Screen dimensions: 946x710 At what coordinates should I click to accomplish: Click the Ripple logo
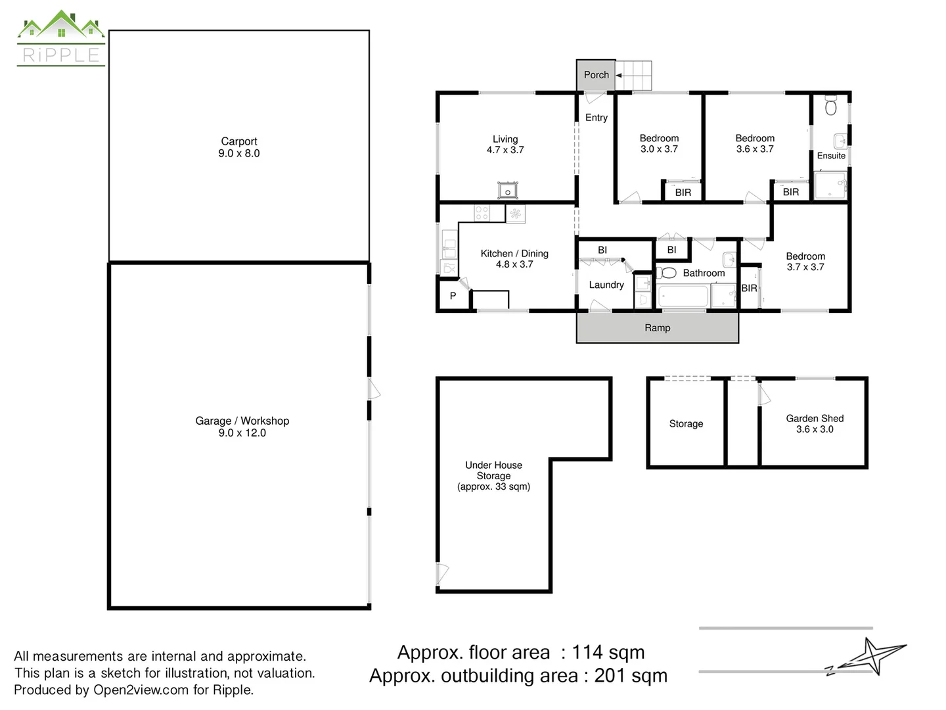pos(61,38)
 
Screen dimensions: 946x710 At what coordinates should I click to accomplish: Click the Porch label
pos(596,75)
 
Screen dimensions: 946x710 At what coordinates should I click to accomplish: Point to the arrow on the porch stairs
pos(618,76)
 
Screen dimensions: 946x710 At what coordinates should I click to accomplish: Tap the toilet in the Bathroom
pos(666,272)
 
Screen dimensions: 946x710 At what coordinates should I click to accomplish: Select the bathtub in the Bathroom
pos(683,296)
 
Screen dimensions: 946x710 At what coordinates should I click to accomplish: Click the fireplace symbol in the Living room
pos(507,190)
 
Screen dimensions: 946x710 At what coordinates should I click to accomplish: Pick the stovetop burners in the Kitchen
pos(482,213)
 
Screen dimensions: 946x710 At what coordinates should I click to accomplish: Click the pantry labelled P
pos(453,296)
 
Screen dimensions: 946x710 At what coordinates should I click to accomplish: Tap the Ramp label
pos(657,328)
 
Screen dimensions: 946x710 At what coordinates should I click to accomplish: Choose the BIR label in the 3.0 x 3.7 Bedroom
pos(683,193)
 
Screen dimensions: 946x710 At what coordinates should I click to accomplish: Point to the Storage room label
pos(686,424)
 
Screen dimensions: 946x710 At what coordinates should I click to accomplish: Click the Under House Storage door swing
pos(443,574)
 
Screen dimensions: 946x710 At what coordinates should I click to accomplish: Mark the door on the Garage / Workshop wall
pos(373,389)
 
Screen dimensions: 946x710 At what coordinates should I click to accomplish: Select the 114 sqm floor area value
pos(608,653)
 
